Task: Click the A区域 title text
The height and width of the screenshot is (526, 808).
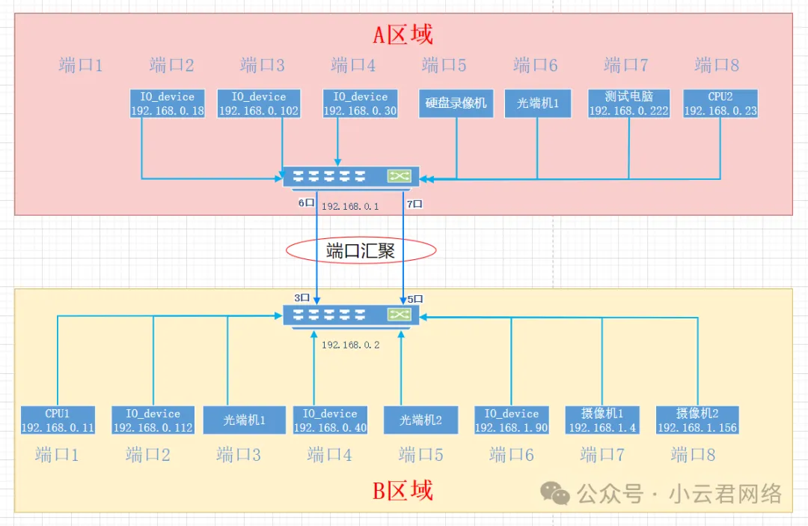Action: click(403, 34)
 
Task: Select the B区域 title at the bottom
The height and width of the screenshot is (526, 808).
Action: click(403, 491)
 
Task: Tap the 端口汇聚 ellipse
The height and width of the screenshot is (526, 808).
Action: click(361, 251)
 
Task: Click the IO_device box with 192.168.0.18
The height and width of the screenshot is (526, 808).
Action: click(167, 104)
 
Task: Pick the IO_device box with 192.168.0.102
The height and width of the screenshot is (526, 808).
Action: click(259, 104)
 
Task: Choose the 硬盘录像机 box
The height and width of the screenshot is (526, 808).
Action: click(456, 104)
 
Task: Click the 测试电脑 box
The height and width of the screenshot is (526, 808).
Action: click(628, 104)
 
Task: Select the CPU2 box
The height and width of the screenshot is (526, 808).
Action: click(720, 104)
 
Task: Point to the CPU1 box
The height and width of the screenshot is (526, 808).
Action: click(58, 420)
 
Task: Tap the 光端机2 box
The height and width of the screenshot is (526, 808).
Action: click(420, 420)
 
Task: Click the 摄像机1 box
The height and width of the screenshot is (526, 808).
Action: click(602, 420)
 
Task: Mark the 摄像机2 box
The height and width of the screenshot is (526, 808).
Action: click(697, 420)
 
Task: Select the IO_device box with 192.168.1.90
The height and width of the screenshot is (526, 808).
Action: click(511, 420)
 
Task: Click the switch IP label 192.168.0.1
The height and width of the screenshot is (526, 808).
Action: click(350, 206)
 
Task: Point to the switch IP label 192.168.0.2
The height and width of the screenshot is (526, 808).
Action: click(351, 345)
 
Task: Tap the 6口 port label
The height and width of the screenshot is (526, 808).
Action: click(307, 203)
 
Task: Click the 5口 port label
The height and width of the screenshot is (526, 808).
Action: click(415, 299)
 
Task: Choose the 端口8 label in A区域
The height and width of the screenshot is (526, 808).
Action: click(717, 65)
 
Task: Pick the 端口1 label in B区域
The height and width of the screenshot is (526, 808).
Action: click(57, 455)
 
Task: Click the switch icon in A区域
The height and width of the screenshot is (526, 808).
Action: click(351, 177)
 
